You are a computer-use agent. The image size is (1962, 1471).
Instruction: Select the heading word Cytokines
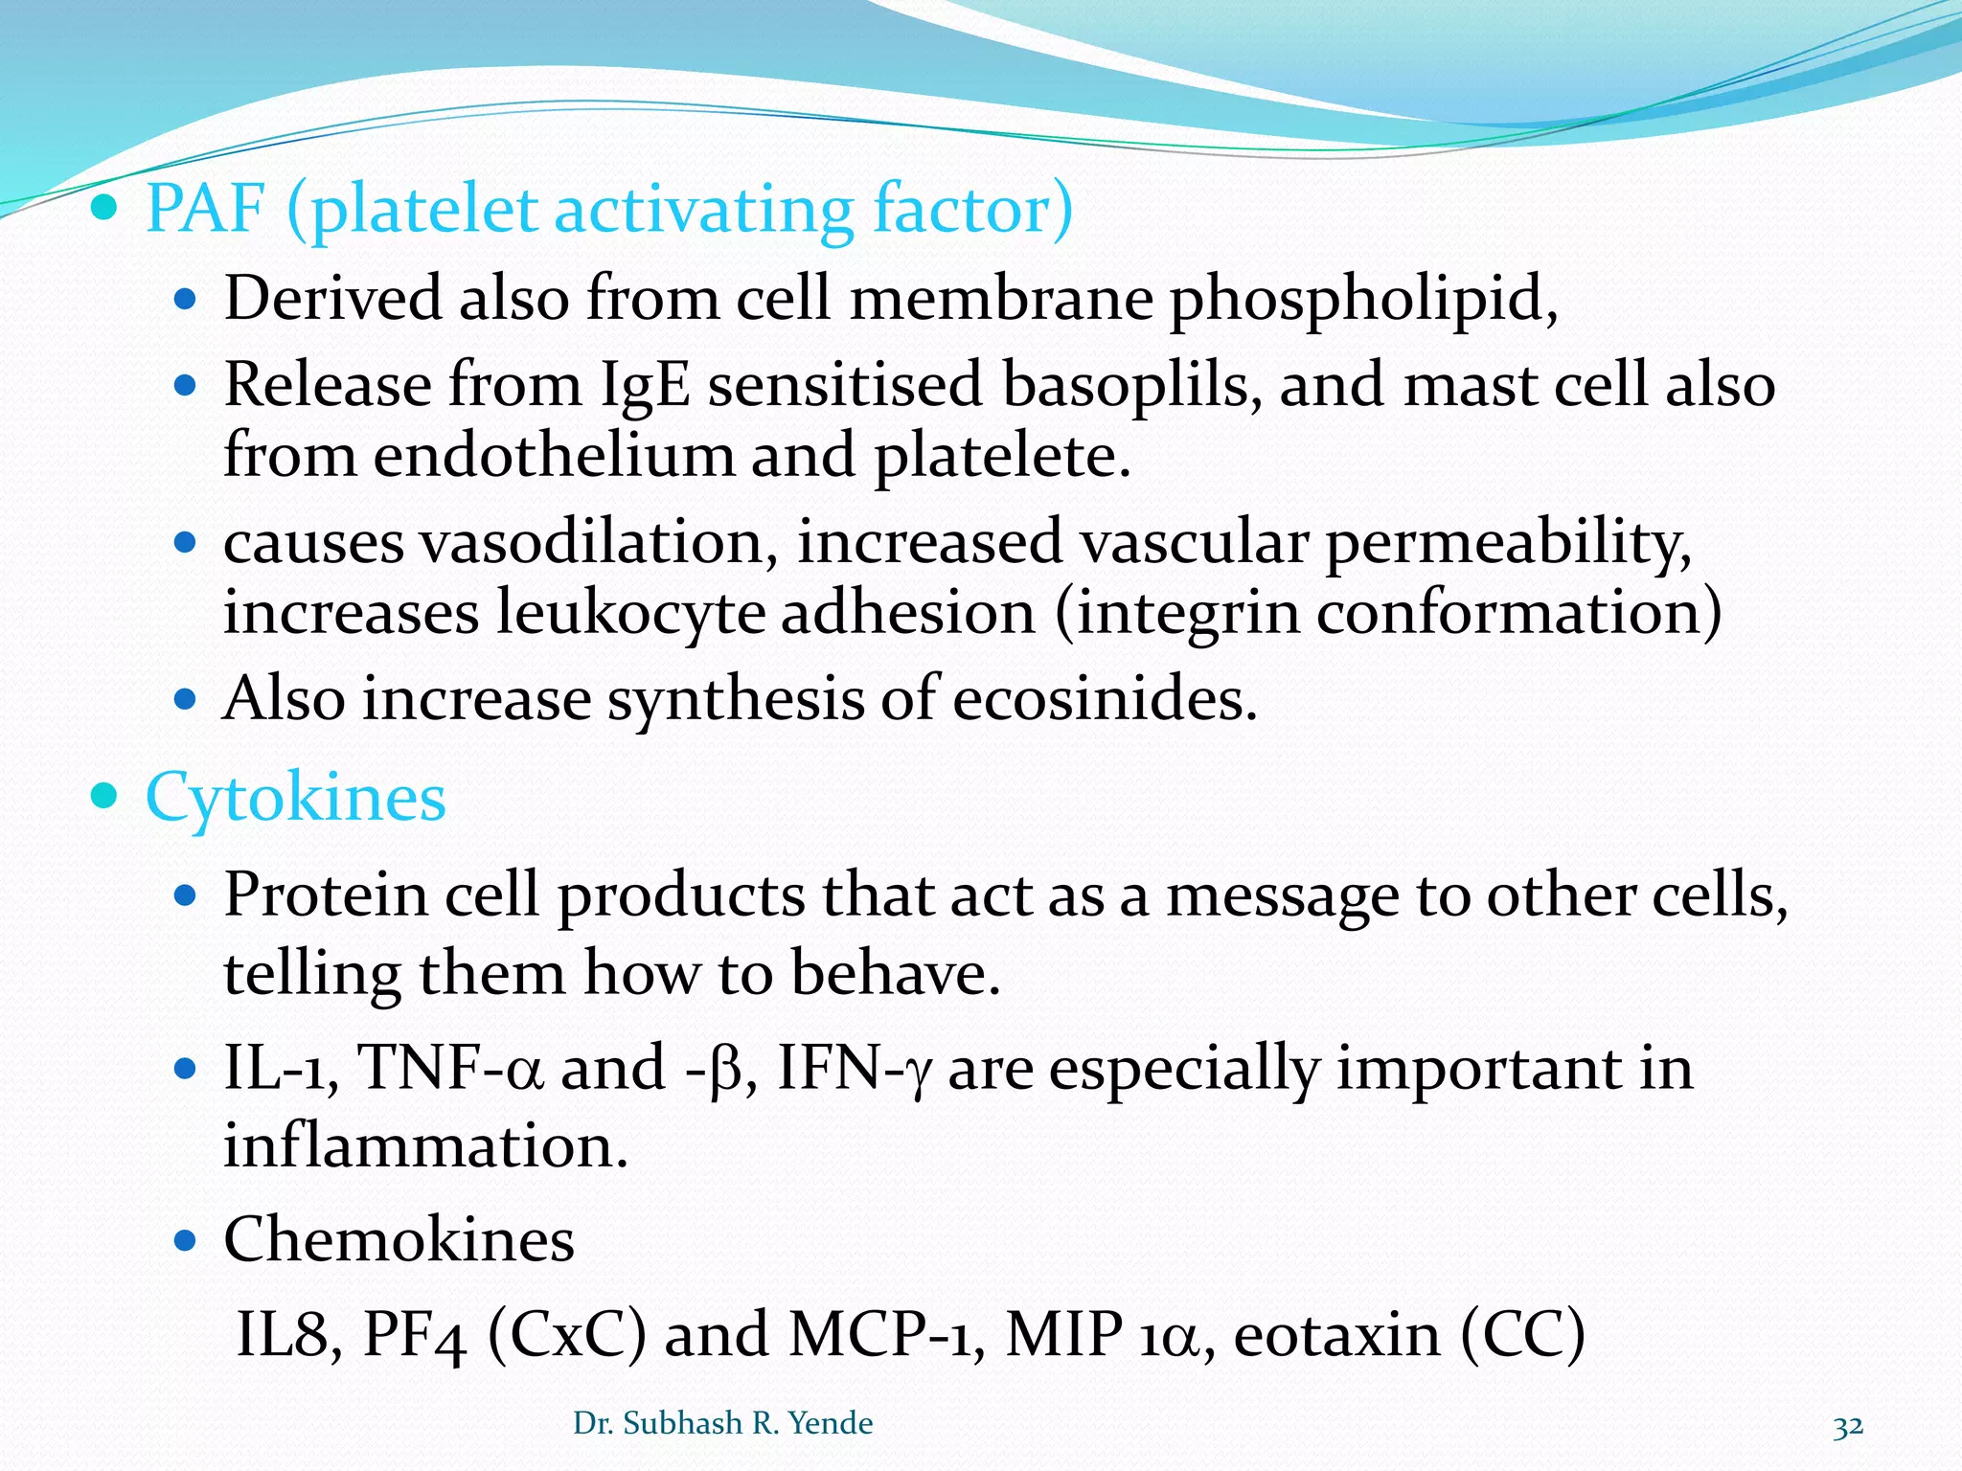295,798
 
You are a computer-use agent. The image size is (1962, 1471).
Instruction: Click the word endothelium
553,456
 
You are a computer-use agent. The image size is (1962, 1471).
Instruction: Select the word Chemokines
399,1239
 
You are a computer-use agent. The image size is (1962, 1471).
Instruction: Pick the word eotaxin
1337,1334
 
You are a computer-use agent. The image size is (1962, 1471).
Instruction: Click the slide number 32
1848,1426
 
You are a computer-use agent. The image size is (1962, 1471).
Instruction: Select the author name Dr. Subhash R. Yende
722,1423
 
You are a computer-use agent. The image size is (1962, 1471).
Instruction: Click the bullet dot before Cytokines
103,796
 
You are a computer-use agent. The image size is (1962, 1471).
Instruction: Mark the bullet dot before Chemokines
185,1241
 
